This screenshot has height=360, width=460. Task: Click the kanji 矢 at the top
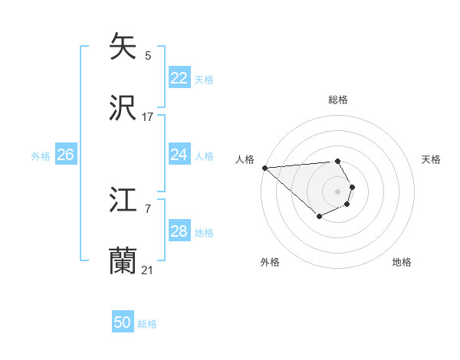124,47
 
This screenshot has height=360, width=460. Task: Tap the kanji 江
124,201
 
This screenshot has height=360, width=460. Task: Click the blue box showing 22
179,78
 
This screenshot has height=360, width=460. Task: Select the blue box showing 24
179,155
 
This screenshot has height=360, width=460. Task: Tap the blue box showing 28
179,231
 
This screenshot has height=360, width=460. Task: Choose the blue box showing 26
65,155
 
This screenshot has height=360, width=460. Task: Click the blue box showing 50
122,322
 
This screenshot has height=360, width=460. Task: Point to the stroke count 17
148,117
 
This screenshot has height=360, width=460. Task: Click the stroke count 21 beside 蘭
148,270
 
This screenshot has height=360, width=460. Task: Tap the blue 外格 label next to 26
41,155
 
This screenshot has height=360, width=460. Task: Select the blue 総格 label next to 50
147,323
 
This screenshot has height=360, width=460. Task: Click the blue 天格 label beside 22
203,79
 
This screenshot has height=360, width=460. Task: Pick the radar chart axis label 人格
245,159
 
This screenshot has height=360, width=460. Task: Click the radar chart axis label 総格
337,100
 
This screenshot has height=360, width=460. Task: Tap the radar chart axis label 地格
402,262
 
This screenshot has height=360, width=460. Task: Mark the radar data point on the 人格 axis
264,168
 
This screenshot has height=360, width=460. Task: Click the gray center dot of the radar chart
337,191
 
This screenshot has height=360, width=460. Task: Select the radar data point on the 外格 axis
319,217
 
